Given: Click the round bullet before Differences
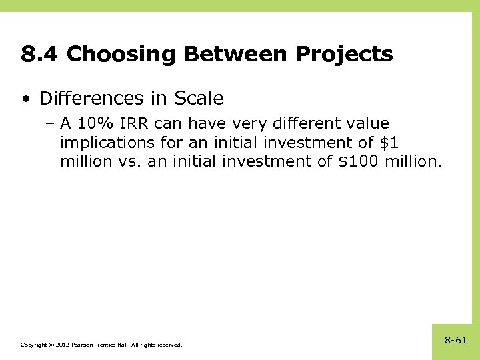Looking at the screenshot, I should point(25,99).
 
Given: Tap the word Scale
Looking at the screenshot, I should point(199,99).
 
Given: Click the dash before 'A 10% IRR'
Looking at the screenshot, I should point(50,124).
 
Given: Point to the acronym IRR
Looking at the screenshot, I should point(136,124).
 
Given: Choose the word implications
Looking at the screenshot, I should point(107,143).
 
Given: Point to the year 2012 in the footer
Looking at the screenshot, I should point(63,345).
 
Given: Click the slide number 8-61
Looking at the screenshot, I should point(456,340).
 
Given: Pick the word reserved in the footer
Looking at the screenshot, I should point(168,345).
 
